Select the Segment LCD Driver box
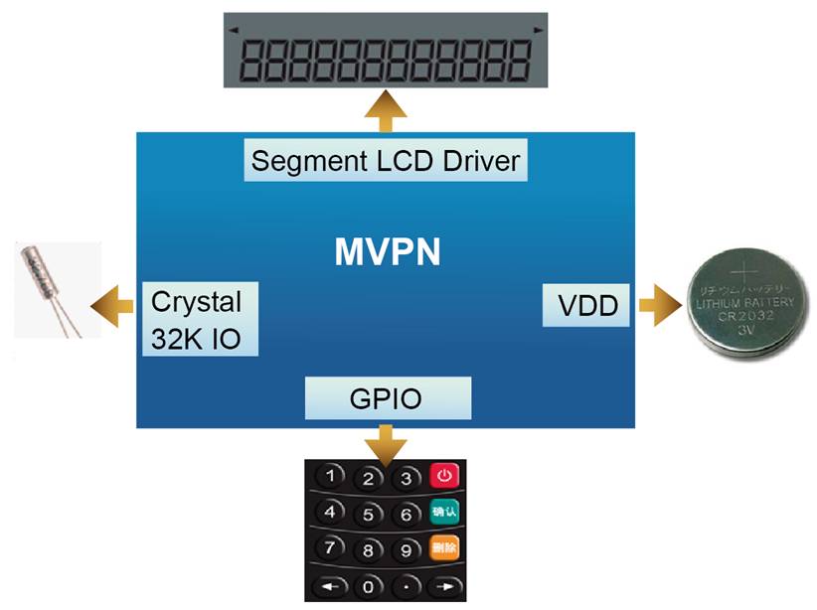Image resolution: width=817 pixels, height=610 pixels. tap(386, 160)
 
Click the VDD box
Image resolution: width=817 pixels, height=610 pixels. tap(587, 307)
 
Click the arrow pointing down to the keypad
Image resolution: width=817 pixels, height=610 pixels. tap(386, 439)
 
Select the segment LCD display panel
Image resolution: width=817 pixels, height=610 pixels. tap(387, 51)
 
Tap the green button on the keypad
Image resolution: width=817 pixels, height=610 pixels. tap(443, 513)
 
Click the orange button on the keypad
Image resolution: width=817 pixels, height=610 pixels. tap(443, 547)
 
